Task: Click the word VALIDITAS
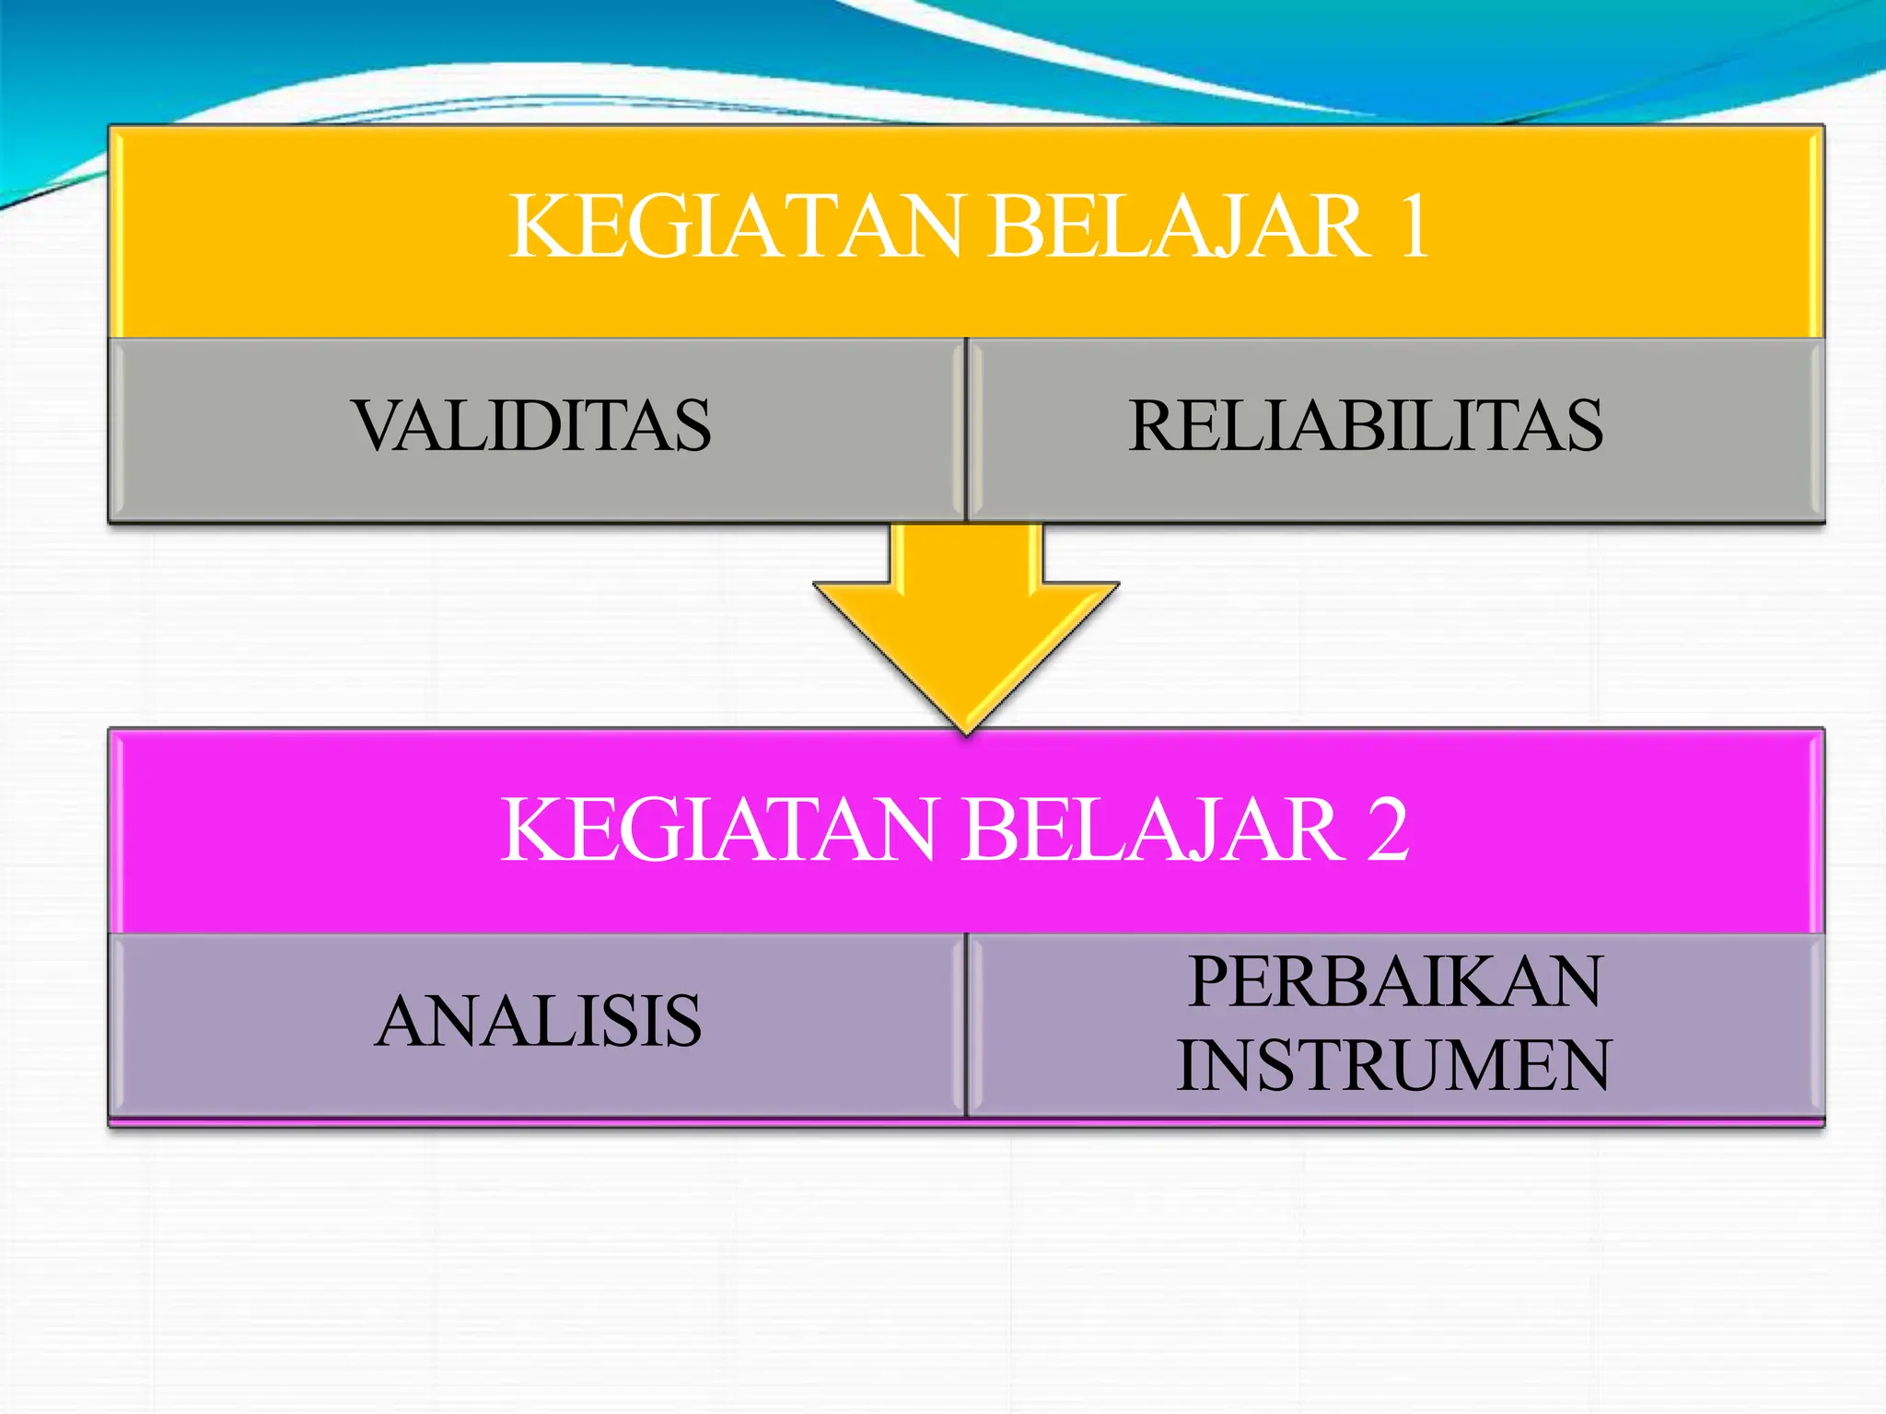[531, 425]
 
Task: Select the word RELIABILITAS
[1366, 425]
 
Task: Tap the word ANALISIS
[539, 1021]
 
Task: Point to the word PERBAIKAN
[1395, 981]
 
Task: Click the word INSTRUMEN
[1393, 1065]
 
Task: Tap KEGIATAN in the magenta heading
[719, 829]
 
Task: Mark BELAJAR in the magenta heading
[1151, 829]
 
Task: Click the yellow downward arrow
[966, 617]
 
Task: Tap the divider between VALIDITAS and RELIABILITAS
[966, 429]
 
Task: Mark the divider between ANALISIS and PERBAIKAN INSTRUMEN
[966, 1025]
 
